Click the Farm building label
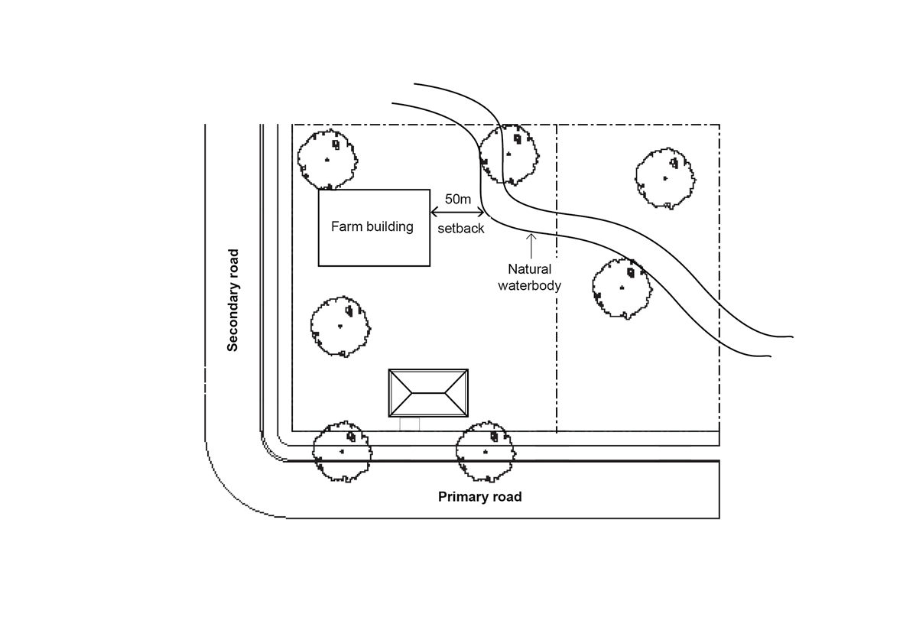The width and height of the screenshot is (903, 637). tap(372, 227)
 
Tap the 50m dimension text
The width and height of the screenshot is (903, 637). tap(457, 199)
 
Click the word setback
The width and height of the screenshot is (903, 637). tap(460, 228)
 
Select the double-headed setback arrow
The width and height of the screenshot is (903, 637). tap(457, 212)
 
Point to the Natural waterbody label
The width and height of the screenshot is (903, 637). tap(530, 278)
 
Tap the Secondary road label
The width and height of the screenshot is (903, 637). tap(233, 300)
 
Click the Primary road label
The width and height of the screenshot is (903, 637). tap(479, 497)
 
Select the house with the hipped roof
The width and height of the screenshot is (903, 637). tap(428, 393)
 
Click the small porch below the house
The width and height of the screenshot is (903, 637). tap(410, 424)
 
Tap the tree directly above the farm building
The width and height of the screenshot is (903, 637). tap(327, 159)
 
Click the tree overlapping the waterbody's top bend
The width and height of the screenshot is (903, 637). tap(508, 154)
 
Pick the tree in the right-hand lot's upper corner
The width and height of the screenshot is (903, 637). tap(666, 177)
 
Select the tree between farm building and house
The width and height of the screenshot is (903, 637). tap(340, 327)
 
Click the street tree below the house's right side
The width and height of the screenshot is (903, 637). tap(486, 452)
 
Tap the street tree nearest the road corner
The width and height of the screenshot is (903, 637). tap(343, 451)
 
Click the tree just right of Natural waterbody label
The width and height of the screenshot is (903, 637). tap(622, 288)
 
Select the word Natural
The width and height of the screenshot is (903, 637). tap(530, 269)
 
